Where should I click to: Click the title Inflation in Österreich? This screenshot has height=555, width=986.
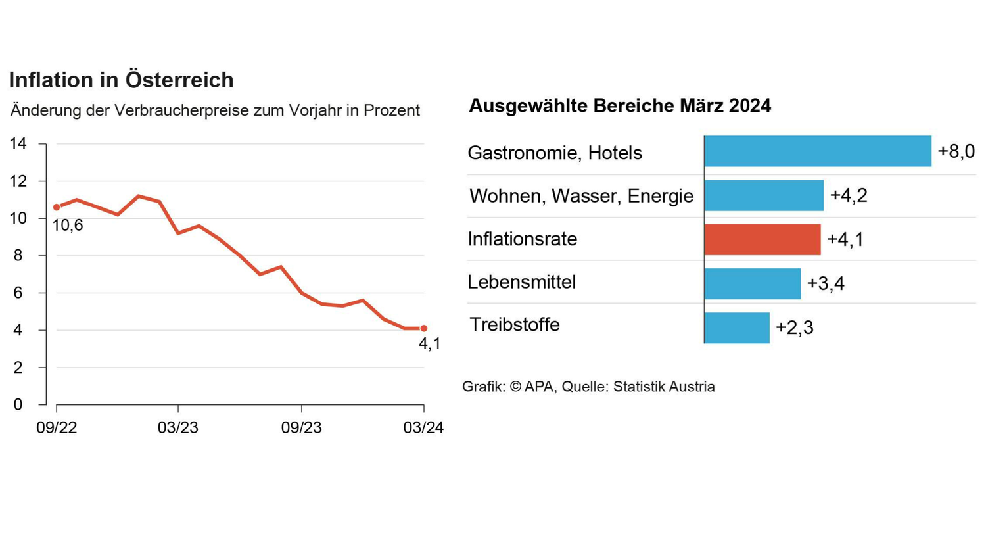tap(121, 80)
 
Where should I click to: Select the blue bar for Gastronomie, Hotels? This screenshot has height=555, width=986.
tap(817, 151)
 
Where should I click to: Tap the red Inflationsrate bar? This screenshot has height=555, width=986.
tap(763, 239)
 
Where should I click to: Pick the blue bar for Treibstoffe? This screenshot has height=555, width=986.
tap(737, 327)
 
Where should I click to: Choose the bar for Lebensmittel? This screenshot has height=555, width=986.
tap(753, 283)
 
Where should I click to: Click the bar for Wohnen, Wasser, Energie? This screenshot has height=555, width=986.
tap(764, 195)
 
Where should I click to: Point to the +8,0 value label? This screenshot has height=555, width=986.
tap(956, 151)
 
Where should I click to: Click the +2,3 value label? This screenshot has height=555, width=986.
tap(794, 327)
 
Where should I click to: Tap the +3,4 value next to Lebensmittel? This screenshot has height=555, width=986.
tap(826, 283)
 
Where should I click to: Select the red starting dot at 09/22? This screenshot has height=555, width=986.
tap(57, 207)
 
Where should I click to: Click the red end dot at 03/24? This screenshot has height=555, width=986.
tap(424, 328)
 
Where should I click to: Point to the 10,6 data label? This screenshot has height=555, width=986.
tap(68, 226)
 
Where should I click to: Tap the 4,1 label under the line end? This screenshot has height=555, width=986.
tap(430, 344)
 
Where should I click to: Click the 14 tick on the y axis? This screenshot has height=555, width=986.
tap(18, 143)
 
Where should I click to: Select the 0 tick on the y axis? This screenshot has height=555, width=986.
tap(18, 404)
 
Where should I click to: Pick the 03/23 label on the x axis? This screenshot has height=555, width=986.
tap(177, 427)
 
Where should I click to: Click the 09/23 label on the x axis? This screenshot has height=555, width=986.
tap(301, 427)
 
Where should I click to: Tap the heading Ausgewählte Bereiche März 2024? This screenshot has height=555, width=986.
tap(619, 106)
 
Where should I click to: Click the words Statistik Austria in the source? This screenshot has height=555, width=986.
tap(664, 387)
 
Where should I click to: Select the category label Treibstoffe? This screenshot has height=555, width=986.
tap(514, 325)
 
